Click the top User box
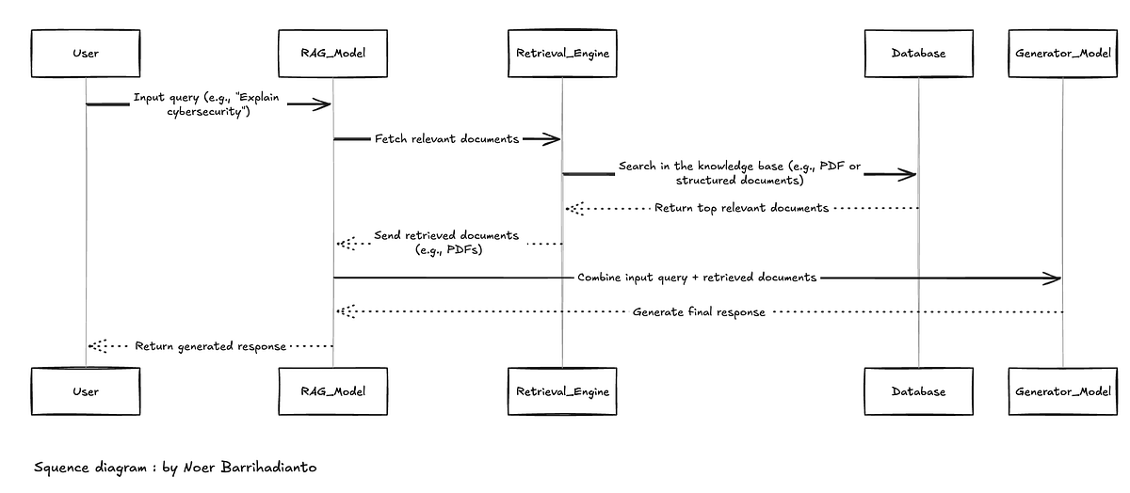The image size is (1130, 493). coord(86,54)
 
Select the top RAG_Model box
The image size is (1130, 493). coord(333,54)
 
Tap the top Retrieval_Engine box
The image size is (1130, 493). coord(562,54)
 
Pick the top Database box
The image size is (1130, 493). coord(919,54)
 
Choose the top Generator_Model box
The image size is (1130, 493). coord(1063,54)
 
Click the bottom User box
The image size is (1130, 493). coord(86,391)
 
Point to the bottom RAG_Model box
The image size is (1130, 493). coord(333,391)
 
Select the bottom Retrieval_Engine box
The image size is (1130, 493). coord(562,391)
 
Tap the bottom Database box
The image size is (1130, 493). coord(919,391)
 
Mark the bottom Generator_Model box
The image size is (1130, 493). coord(1063,391)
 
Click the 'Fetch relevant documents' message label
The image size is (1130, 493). coord(446,139)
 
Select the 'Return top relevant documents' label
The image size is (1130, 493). coord(742,208)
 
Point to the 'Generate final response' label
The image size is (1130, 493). coord(699,312)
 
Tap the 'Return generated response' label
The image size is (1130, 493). coord(210,346)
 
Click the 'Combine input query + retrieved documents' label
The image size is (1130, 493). coord(697,278)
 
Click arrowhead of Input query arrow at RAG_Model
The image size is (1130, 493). coord(323,104)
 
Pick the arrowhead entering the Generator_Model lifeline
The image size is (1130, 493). coord(1053,278)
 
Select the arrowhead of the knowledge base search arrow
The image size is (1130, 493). coord(907,175)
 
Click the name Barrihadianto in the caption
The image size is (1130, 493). coord(269,468)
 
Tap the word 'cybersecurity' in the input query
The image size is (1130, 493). coord(204,111)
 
